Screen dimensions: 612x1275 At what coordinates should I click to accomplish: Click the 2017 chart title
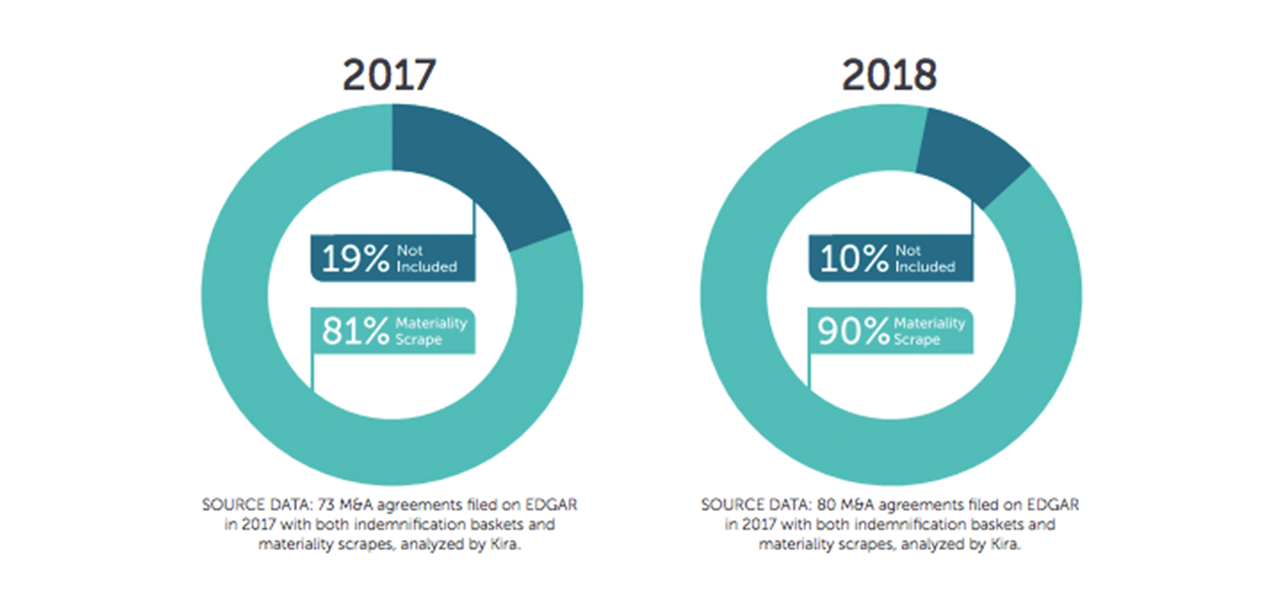[x=389, y=76]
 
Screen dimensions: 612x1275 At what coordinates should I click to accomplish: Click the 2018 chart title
[x=889, y=76]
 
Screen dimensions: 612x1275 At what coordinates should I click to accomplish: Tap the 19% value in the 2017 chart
[x=355, y=259]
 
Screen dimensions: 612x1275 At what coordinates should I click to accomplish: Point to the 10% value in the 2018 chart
[x=853, y=259]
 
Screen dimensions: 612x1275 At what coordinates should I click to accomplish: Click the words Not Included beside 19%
[x=426, y=259]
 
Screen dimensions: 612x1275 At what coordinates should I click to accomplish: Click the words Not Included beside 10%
[x=924, y=259]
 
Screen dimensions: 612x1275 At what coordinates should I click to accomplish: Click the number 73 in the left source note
[x=326, y=505]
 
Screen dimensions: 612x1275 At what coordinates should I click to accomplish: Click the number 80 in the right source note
[x=826, y=505]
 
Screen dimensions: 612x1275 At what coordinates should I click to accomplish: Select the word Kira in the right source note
[x=1005, y=545]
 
